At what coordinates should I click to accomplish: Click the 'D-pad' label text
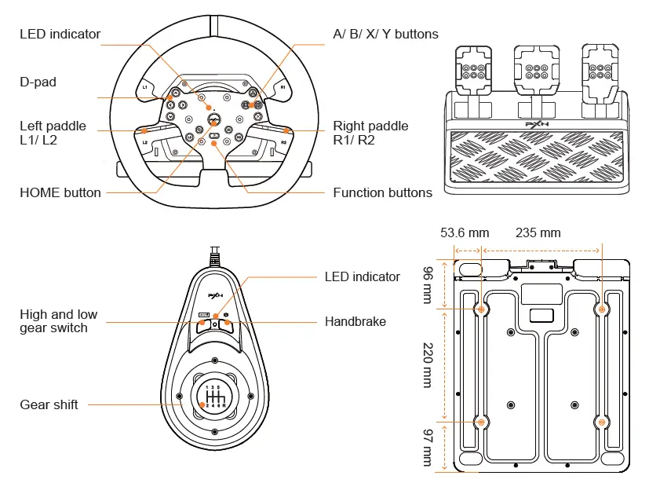38,82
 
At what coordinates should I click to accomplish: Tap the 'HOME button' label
60,192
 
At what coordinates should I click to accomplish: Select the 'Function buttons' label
382,192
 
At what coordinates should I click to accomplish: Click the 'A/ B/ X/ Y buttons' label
385,34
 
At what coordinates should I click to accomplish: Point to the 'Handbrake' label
355,321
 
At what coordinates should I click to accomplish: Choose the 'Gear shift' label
49,404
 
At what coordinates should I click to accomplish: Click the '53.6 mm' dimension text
465,232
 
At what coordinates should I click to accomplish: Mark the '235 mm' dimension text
538,232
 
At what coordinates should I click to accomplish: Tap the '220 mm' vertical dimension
428,364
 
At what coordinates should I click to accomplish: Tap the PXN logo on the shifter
214,296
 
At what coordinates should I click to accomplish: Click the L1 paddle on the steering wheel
145,86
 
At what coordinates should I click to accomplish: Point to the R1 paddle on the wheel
283,88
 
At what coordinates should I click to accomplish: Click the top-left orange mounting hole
482,309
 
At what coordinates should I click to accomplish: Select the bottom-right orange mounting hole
602,422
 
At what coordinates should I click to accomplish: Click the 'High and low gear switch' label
59,320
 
